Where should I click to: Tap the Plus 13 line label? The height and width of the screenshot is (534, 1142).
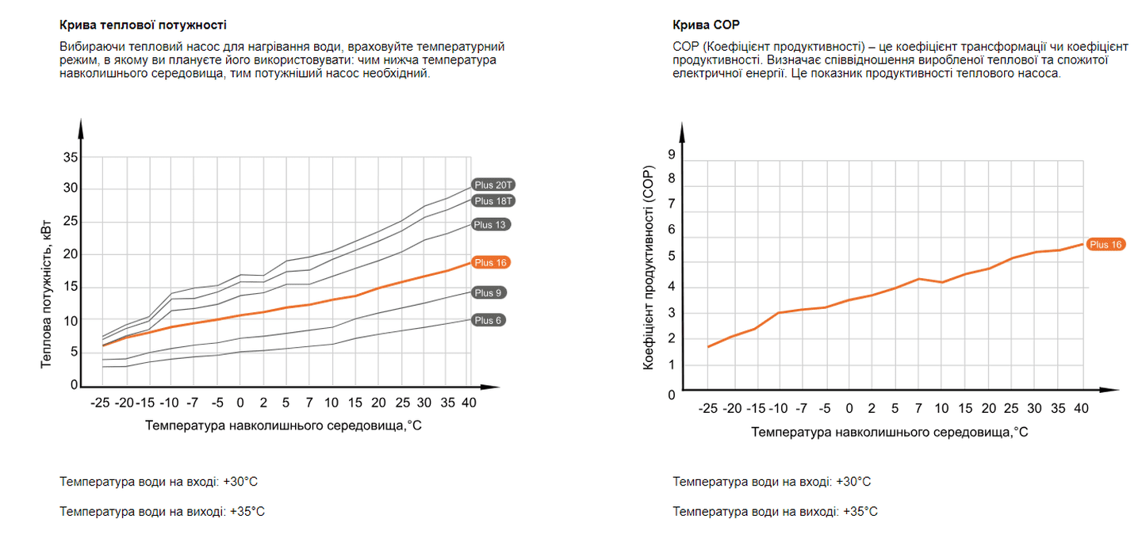coord(489,224)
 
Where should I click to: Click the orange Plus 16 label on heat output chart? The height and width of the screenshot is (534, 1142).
coord(489,262)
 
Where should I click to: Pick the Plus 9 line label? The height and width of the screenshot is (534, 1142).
coord(489,292)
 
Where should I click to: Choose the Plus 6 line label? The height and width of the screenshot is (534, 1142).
coord(489,320)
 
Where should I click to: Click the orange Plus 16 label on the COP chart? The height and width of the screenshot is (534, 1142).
coord(1105,245)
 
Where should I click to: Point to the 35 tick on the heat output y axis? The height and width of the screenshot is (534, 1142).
coord(71,157)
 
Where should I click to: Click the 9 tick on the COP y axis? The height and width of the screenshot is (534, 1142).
coord(671,154)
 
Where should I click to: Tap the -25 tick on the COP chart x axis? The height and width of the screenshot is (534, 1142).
coord(707,409)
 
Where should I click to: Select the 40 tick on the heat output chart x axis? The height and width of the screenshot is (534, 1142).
coord(469,402)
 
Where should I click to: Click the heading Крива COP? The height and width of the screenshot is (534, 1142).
coord(706,25)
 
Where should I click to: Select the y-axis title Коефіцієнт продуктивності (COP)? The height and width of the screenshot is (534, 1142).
coord(649,269)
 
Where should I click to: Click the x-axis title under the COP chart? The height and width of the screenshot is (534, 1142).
coord(889,432)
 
